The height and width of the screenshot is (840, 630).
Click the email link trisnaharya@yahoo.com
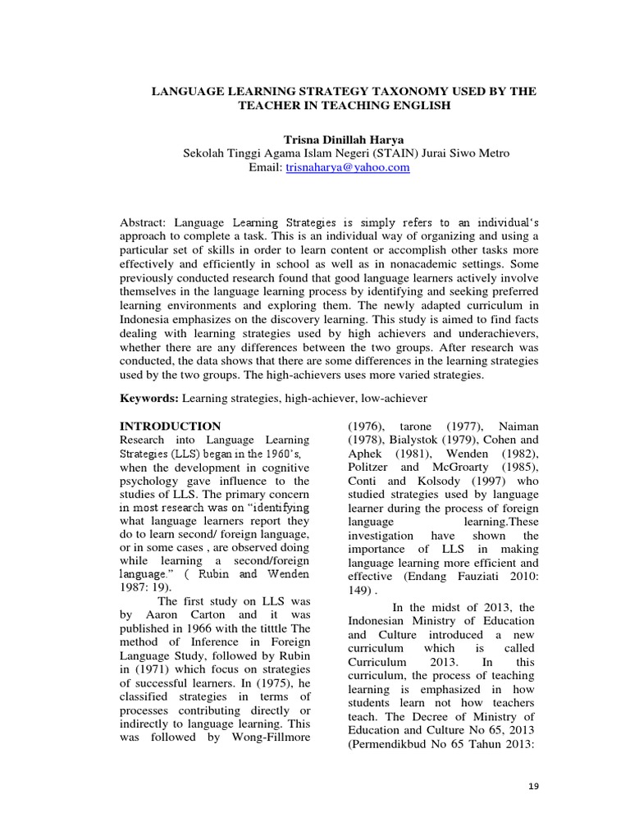click(347, 167)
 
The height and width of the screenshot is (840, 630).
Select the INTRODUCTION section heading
click(171, 426)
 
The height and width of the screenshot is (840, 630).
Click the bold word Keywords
click(148, 398)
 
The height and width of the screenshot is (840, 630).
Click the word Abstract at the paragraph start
click(144, 222)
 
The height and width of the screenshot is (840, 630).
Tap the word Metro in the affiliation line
click(493, 153)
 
